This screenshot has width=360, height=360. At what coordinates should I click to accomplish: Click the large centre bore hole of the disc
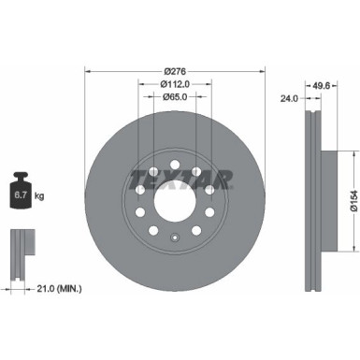coord(174,201)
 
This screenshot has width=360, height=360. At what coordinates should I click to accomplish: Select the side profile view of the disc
coord(316,201)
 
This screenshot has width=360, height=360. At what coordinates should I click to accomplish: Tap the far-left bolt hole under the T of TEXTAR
coord(140,191)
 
